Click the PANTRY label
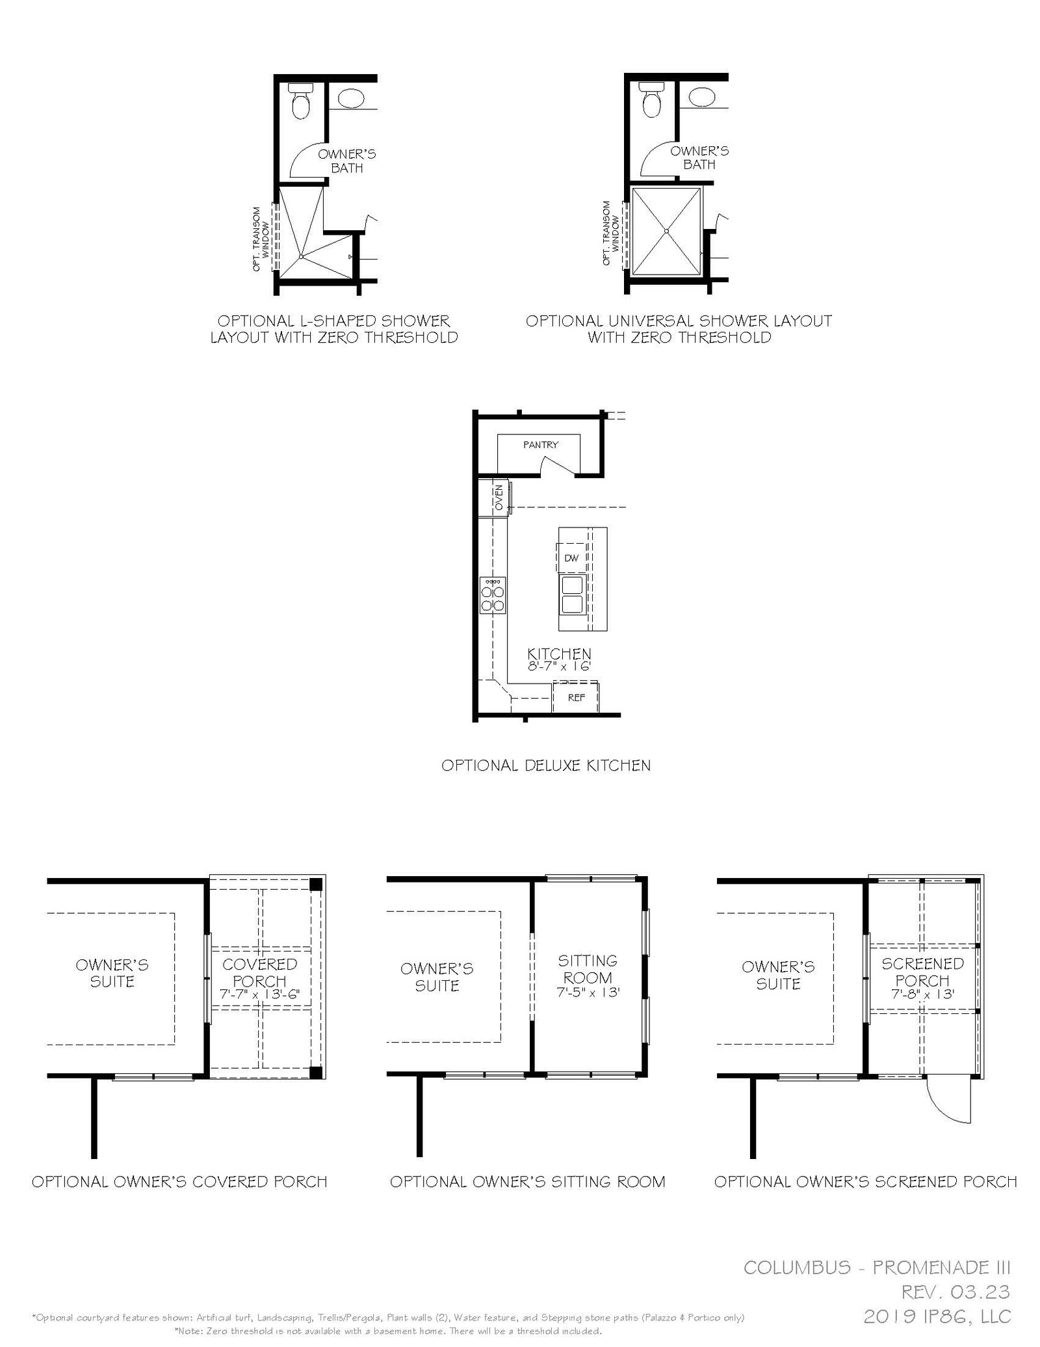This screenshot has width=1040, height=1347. click(x=541, y=445)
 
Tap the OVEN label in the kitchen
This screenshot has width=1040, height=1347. click(x=499, y=498)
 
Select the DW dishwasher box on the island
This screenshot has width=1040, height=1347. click(x=571, y=558)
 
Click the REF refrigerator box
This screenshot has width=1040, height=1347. click(x=576, y=697)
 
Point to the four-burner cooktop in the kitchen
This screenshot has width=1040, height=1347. click(x=493, y=595)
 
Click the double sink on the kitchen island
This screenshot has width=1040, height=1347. click(x=572, y=594)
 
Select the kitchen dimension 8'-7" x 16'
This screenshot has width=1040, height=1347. click(x=560, y=667)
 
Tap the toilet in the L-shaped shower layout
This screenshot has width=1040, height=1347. click(x=300, y=101)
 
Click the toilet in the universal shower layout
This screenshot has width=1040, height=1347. click(x=651, y=100)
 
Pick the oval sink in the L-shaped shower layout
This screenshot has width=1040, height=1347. click(x=351, y=99)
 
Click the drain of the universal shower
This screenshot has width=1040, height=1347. click(x=667, y=231)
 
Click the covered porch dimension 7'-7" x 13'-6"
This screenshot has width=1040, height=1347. click(x=259, y=994)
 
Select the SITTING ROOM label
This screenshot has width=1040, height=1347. click(x=588, y=969)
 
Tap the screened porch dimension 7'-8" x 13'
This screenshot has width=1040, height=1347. click(x=922, y=994)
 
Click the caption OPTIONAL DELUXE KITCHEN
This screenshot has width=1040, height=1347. click(x=546, y=766)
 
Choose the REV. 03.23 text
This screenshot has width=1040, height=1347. click(x=955, y=1291)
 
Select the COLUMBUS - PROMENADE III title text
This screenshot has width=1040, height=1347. click(x=877, y=1267)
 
